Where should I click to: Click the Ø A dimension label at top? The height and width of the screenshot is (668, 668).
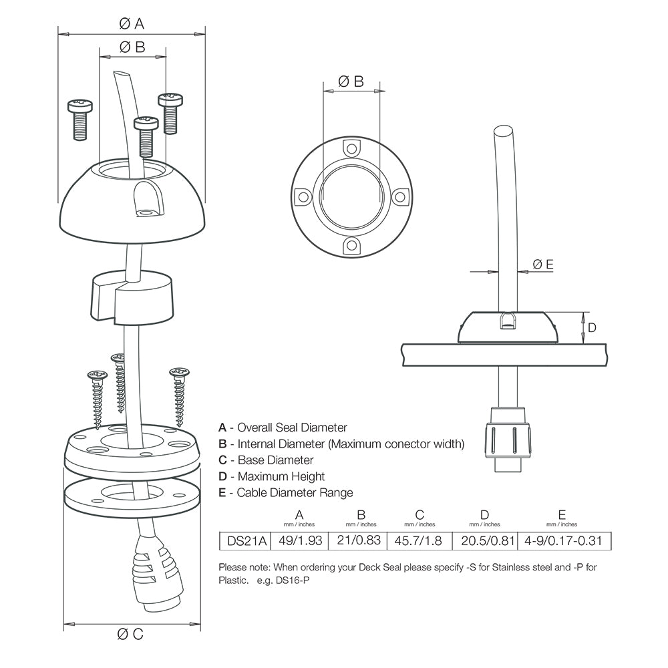tap(132, 23)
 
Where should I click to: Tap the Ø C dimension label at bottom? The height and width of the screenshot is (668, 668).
tap(131, 634)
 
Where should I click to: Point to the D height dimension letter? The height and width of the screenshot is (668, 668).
tap(591, 327)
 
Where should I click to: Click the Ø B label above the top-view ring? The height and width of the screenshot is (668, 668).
tap(351, 81)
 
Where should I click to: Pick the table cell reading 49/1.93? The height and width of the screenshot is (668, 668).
tap(299, 540)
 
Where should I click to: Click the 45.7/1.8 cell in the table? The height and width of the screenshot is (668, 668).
tap(420, 540)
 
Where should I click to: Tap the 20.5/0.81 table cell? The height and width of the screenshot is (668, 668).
tap(484, 540)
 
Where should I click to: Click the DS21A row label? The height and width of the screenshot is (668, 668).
tap(244, 540)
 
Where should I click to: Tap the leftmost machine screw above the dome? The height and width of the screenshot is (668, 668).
tap(79, 119)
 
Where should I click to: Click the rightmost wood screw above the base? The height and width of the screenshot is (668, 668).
tap(179, 394)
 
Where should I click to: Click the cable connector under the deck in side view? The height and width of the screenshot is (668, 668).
tap(508, 438)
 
